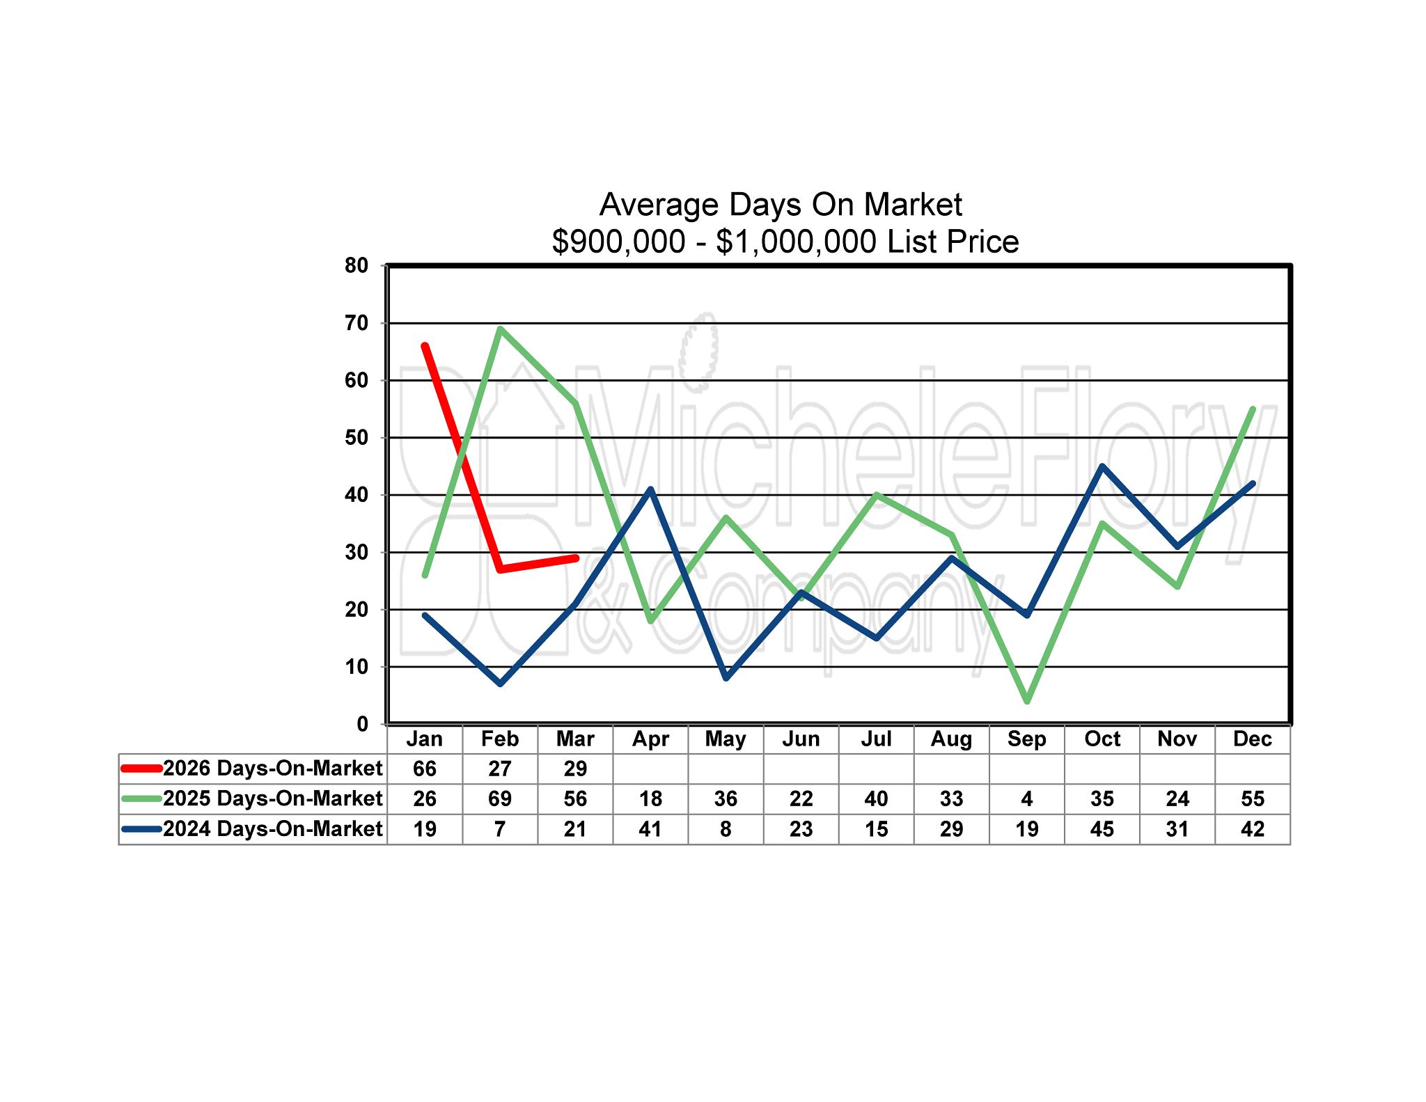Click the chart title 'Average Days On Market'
tap(781, 205)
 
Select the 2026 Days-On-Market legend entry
tap(272, 769)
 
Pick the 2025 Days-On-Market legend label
tap(272, 798)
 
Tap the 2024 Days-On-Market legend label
tap(272, 829)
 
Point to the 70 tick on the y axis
tap(356, 323)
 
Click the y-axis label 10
tap(356, 667)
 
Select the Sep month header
tap(1026, 739)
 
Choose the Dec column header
tap(1252, 739)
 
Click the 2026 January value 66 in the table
tap(425, 769)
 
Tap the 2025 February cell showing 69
tap(500, 798)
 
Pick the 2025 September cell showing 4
tap(1026, 798)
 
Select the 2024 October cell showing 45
tap(1102, 829)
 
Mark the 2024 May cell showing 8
tap(726, 829)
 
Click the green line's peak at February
tap(501, 329)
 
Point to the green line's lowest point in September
tap(1027, 701)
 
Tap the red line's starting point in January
tap(425, 346)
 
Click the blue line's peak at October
tap(1102, 466)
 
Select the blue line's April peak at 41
tap(651, 489)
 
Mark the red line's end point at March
tap(576, 558)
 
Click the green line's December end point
tap(1253, 409)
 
